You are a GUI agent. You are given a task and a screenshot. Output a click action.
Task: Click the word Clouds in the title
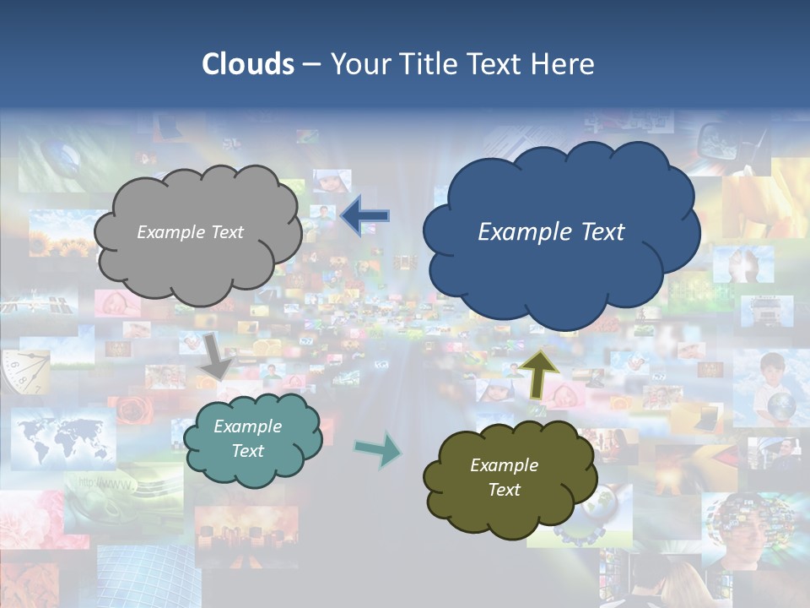point(247,64)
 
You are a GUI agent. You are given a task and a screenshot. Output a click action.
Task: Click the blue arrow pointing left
point(364,216)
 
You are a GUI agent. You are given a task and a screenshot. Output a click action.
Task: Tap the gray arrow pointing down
point(216,356)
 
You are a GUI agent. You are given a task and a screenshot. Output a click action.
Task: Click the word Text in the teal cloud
point(247,451)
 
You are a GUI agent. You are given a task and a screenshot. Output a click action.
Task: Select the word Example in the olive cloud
point(504,465)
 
